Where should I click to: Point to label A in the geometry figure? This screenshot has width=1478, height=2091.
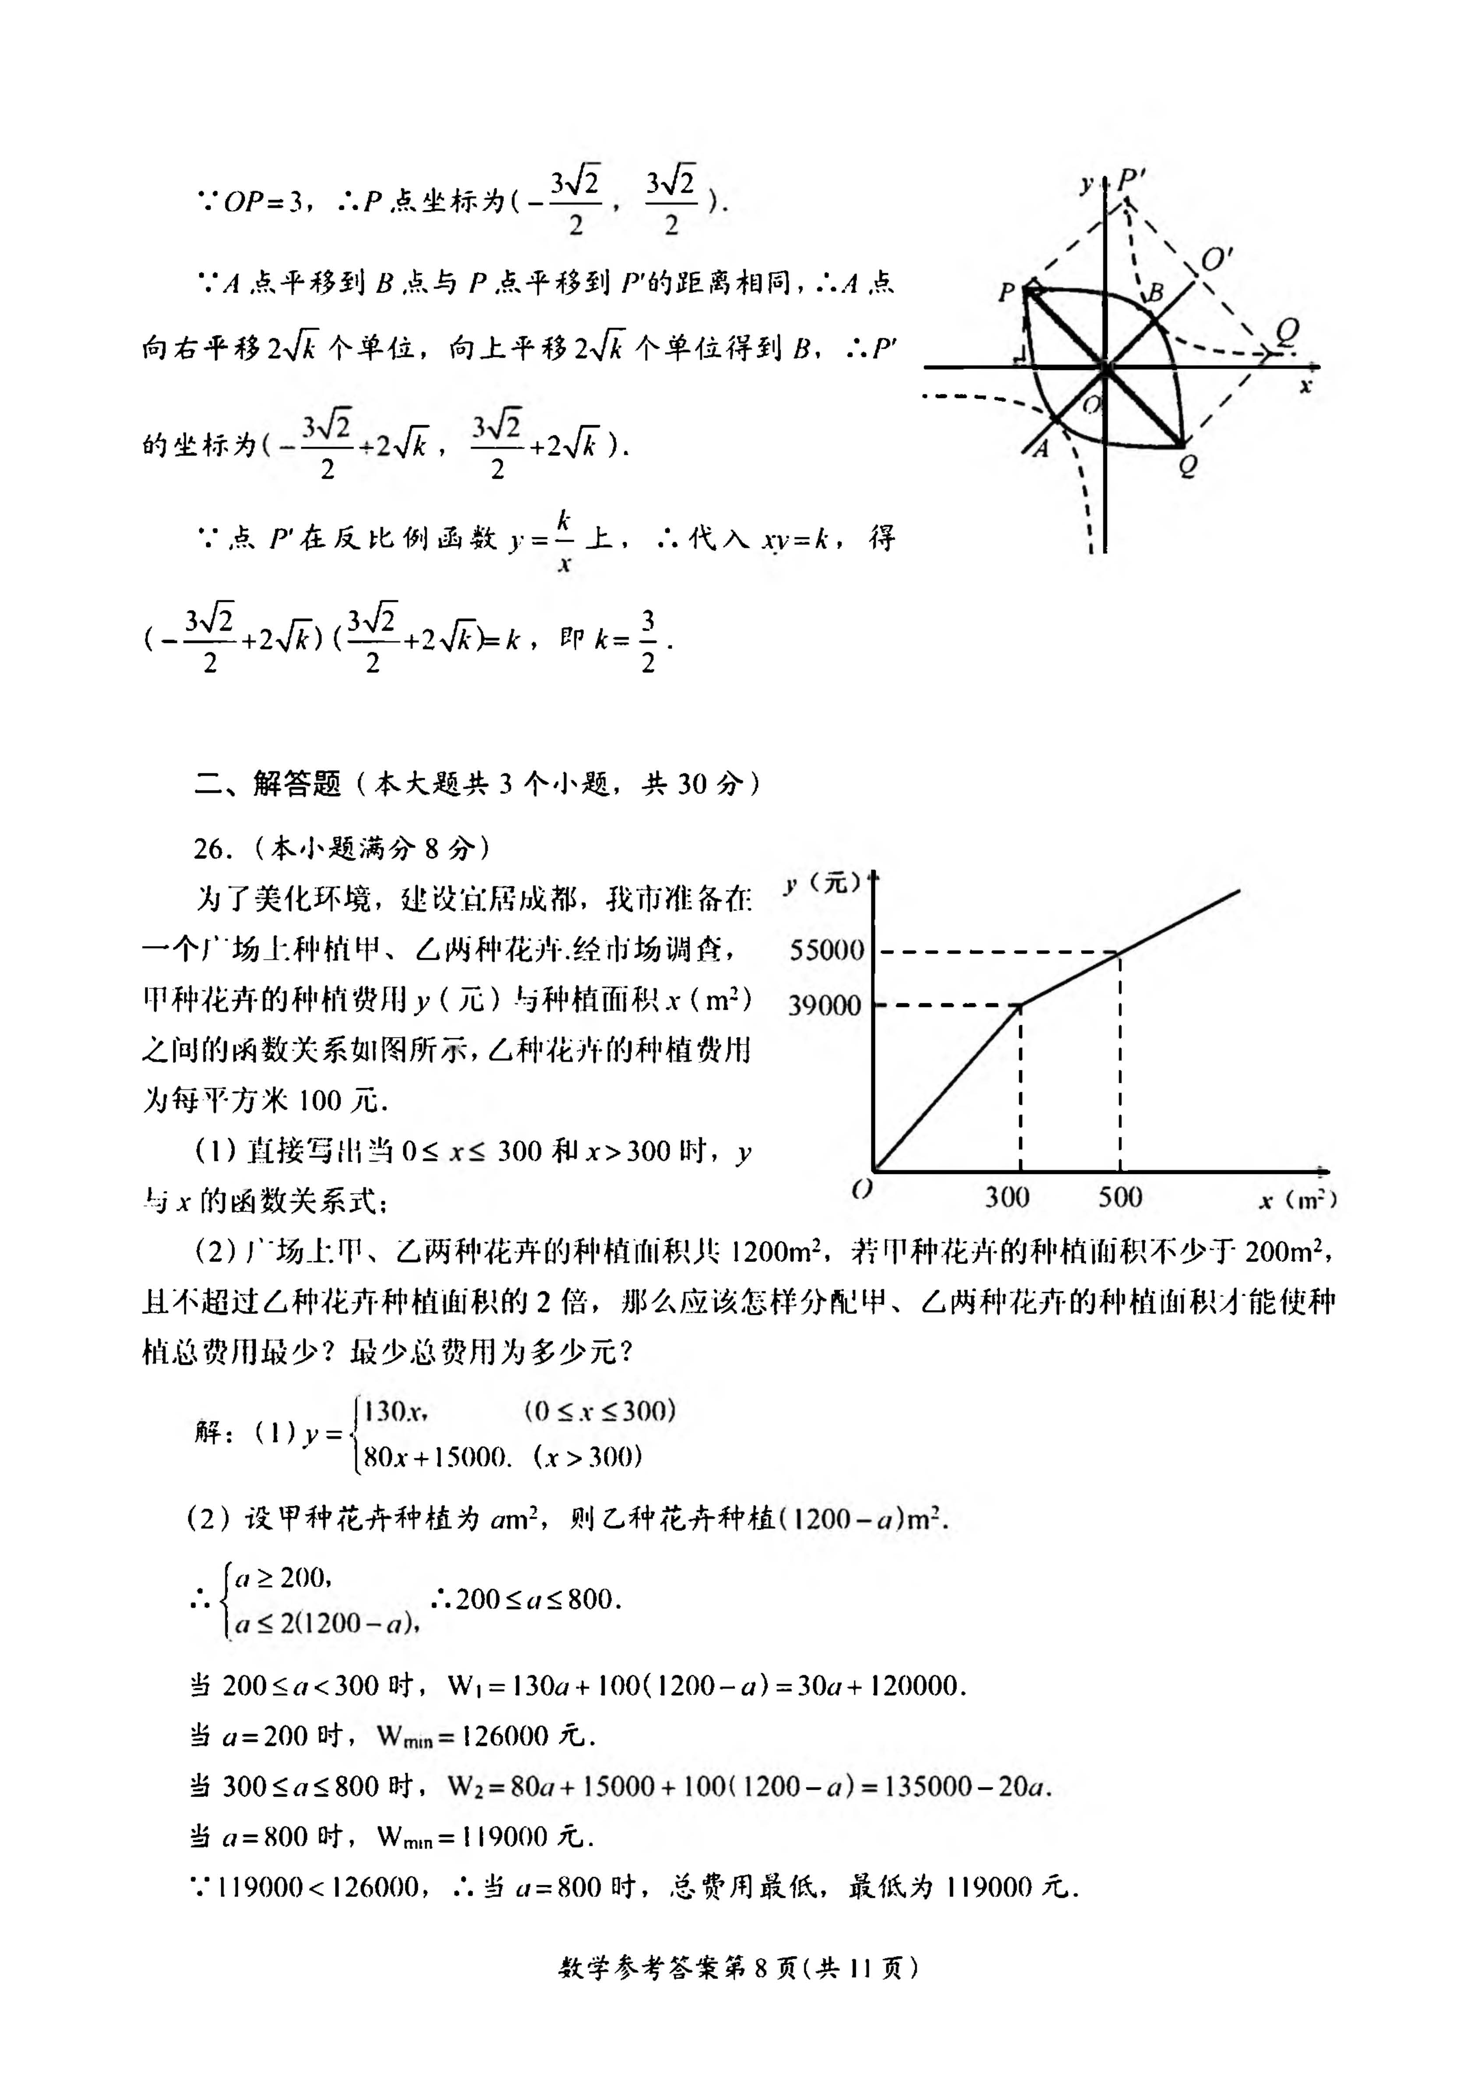tap(1041, 448)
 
